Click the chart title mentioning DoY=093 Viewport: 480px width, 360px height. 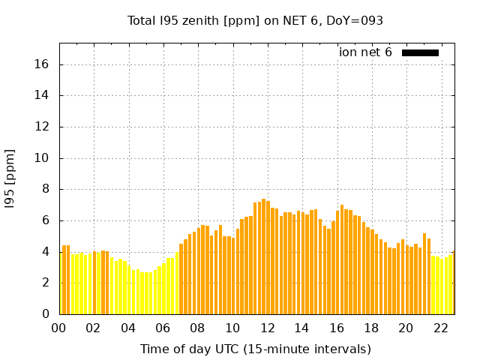point(255,21)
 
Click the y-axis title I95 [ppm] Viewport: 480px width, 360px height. point(10,179)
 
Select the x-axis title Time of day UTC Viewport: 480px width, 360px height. point(255,349)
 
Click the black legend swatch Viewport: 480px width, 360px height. point(420,52)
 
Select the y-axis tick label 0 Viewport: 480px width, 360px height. point(46,313)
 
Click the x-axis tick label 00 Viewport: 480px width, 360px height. point(59,328)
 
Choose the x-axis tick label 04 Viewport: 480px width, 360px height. point(128,328)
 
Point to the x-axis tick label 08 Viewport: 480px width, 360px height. point(198,328)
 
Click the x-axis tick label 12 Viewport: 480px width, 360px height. point(267,328)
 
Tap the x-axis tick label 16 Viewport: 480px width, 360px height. point(336,328)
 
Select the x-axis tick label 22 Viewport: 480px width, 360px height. point(440,328)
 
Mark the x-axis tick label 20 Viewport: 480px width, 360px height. point(406,328)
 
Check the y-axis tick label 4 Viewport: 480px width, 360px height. point(46,251)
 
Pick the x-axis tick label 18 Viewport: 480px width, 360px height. point(371,328)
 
